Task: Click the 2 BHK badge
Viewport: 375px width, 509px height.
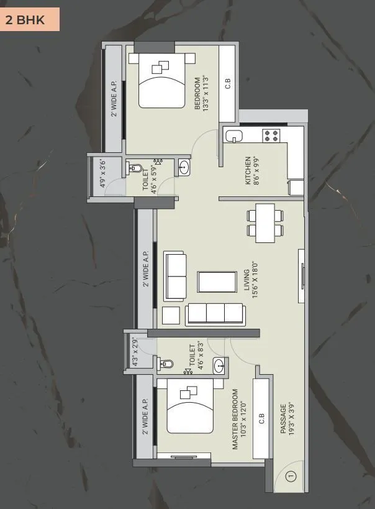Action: click(30, 19)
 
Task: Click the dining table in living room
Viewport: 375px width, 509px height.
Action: click(266, 222)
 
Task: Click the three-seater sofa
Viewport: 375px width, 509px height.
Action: click(215, 313)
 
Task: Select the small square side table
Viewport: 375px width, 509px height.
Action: click(170, 315)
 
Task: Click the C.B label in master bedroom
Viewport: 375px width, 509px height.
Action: click(261, 418)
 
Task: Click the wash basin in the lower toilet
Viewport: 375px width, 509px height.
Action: click(219, 366)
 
